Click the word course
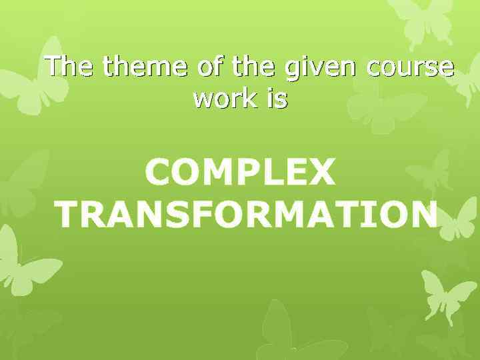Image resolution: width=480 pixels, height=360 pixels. click(409, 69)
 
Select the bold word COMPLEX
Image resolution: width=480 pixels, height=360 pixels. click(240, 174)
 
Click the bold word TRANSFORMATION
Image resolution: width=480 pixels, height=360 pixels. click(246, 215)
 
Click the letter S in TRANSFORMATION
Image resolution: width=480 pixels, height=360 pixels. click(187, 215)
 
